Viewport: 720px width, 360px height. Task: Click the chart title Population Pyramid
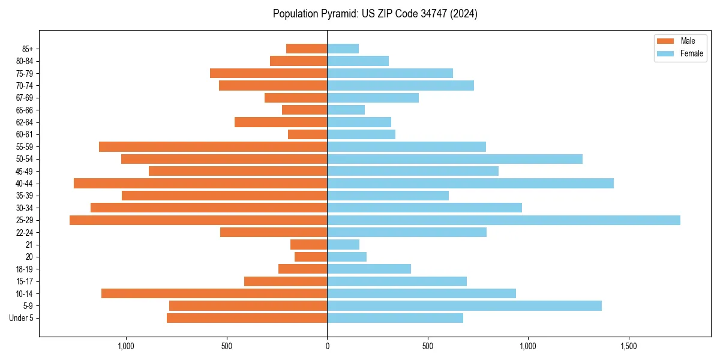pos(375,14)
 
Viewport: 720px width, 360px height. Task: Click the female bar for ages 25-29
pos(503,220)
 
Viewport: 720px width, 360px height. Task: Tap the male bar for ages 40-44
pos(200,183)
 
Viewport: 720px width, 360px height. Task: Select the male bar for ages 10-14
pos(214,293)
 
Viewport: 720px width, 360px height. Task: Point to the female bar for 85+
pos(343,49)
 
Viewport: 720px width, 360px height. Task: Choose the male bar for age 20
pos(311,257)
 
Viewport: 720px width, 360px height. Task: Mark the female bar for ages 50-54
pos(455,159)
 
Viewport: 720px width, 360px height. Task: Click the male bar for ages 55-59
pos(213,146)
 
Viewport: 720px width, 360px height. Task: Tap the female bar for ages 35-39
pos(388,196)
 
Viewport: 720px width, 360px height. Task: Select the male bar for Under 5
pos(247,318)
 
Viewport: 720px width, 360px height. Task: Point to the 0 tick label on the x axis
pos(327,346)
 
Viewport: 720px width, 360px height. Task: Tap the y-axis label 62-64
pos(25,122)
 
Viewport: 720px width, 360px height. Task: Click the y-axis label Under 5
pos(21,318)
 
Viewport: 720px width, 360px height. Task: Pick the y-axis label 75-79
pos(25,73)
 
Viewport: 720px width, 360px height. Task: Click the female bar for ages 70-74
pos(400,85)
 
